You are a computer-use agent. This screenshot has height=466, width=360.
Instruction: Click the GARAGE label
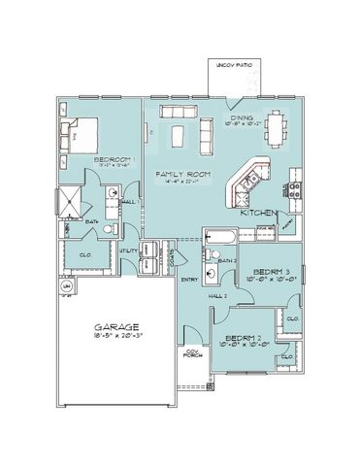pos(115,328)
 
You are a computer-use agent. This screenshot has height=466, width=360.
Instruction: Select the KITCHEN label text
pos(260,212)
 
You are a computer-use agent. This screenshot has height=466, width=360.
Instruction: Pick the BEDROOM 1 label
pos(115,157)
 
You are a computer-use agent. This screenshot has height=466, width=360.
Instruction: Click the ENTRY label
pos(189,280)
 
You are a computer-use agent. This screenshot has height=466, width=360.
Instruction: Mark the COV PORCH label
pos(193,354)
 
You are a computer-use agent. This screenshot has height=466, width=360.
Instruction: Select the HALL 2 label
pos(218,295)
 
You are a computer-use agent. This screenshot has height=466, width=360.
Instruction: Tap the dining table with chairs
pos(267,125)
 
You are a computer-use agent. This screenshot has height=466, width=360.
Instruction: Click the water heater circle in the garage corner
pos(67,288)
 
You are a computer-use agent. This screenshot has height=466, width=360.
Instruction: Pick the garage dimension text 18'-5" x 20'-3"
pos(115,339)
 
